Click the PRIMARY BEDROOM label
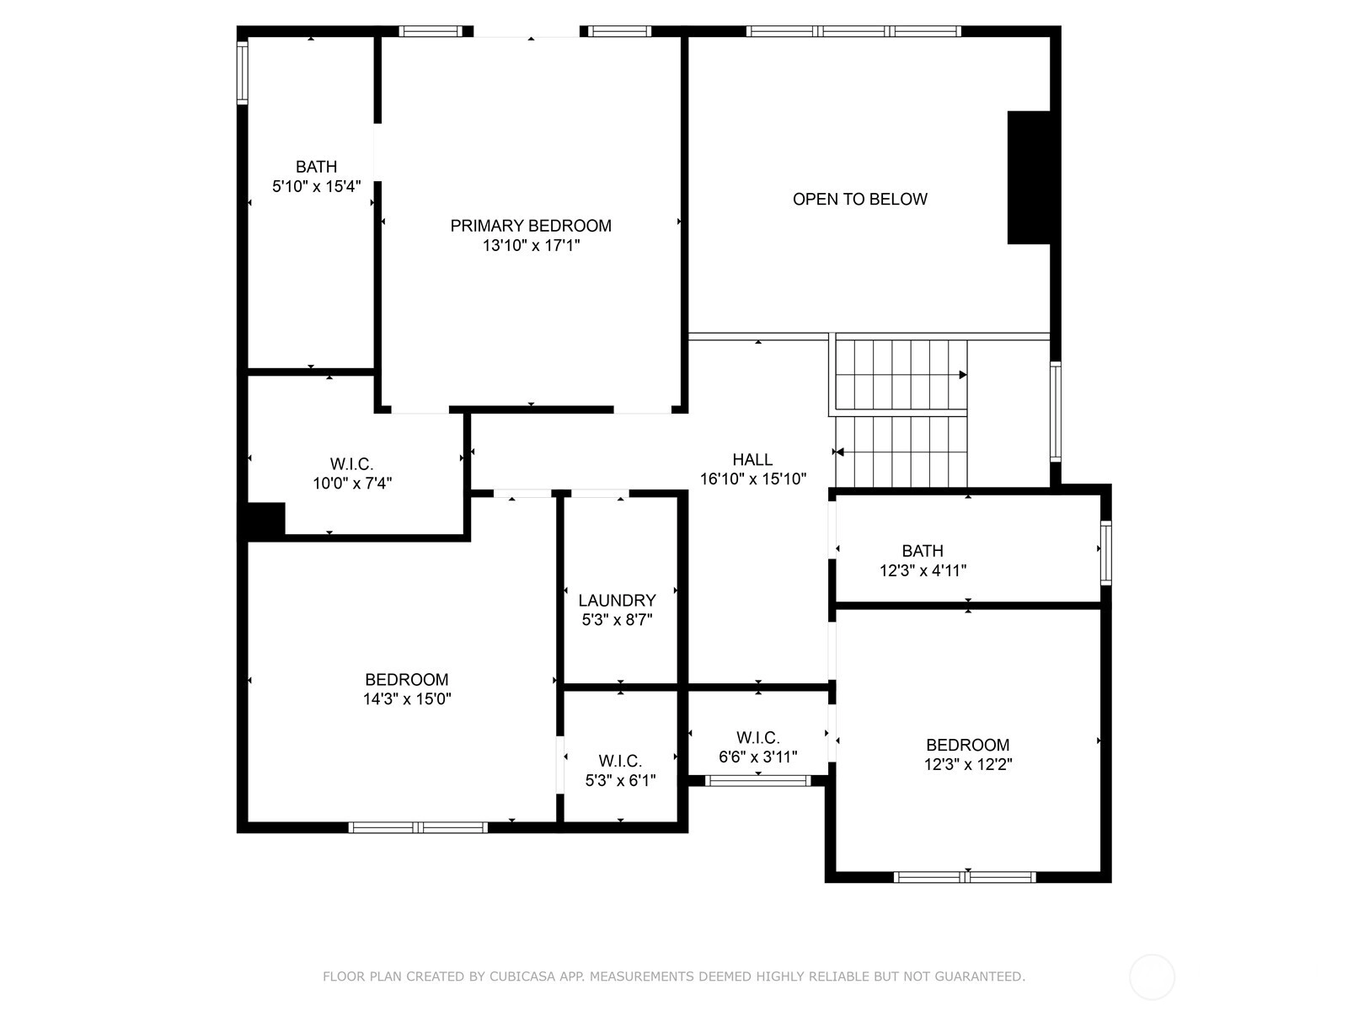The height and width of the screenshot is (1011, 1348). tap(531, 226)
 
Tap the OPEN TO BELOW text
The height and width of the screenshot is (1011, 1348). tap(860, 199)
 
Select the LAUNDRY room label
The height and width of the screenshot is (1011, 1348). tap(618, 600)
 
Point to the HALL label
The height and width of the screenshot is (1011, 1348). tap(752, 459)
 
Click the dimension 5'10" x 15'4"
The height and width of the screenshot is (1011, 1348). tap(316, 186)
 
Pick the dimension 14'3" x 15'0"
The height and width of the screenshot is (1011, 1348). tap(407, 698)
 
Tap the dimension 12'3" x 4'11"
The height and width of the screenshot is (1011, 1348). tap(923, 570)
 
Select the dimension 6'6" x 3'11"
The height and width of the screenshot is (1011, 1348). tap(757, 757)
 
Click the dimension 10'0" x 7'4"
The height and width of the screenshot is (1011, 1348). tap(352, 483)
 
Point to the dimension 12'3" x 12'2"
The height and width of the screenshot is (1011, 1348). tap(968, 764)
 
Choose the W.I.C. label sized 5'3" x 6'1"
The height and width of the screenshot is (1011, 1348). tap(620, 761)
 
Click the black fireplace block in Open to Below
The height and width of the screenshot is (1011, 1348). tap(1029, 178)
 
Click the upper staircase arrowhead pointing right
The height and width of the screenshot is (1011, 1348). tap(963, 375)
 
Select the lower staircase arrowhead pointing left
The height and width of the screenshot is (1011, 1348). tap(839, 452)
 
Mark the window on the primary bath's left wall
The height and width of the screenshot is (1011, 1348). tap(243, 72)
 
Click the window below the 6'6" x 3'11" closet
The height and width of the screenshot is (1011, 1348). tap(757, 781)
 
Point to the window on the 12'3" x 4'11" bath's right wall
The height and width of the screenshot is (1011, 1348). tap(1106, 553)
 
